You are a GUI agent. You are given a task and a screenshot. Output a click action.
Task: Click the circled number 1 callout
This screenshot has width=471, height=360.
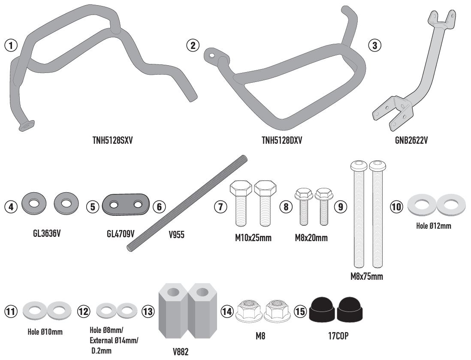[x=11, y=45]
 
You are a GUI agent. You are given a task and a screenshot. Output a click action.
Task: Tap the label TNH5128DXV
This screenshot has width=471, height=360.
[x=282, y=140]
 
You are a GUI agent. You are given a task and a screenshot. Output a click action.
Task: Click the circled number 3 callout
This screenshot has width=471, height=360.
[x=375, y=45]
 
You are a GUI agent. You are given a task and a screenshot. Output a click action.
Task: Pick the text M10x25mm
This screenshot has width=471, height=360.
[x=253, y=238]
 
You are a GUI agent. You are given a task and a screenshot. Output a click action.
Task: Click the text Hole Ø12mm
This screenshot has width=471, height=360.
[x=434, y=225]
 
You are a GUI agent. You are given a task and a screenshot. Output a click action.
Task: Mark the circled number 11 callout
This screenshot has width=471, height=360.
[x=11, y=312]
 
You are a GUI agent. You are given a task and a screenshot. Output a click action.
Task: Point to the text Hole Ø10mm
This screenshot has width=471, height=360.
[x=45, y=332]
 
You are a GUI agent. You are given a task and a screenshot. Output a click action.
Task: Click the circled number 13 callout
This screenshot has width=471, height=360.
[x=148, y=312]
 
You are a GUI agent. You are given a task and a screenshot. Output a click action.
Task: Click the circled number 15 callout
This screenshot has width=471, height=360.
[x=301, y=312]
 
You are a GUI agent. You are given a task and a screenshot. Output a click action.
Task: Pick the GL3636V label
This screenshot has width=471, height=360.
[x=47, y=235]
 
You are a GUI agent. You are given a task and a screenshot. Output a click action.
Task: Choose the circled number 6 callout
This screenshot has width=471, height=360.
[x=159, y=207]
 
